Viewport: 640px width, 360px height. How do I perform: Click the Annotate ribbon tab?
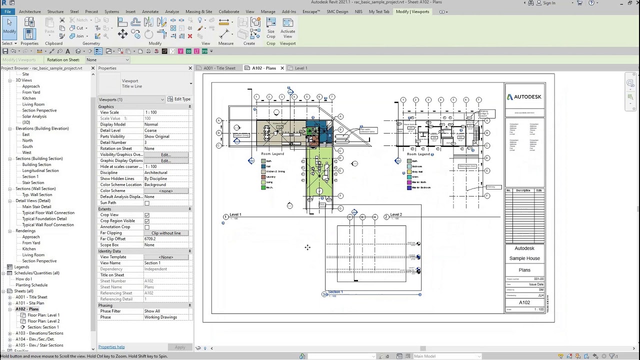pyautogui.click(x=150, y=11)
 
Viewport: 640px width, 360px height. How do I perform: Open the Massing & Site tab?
pyautogui.click(x=198, y=11)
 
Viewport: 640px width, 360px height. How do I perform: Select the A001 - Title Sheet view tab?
pyautogui.click(x=219, y=68)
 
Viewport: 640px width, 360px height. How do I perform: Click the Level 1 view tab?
pyautogui.click(x=300, y=68)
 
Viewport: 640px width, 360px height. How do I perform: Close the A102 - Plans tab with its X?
pyautogui.click(x=282, y=68)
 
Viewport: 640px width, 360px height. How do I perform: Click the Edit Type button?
pyautogui.click(x=178, y=99)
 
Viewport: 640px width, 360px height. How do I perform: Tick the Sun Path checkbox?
pyautogui.click(x=147, y=203)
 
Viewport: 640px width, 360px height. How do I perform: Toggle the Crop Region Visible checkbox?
pyautogui.click(x=147, y=221)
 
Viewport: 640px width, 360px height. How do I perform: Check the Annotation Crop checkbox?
pyautogui.click(x=147, y=227)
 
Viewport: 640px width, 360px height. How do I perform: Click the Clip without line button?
pyautogui.click(x=166, y=233)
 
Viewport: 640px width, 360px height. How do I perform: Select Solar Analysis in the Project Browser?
pyautogui.click(x=34, y=116)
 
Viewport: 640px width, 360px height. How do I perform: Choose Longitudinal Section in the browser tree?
pyautogui.click(x=40, y=170)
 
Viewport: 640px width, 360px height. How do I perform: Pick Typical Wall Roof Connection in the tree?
pyautogui.click(x=48, y=225)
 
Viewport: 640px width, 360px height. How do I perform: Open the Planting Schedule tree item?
pyautogui.click(x=31, y=285)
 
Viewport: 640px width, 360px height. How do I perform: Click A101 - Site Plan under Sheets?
pyautogui.click(x=29, y=303)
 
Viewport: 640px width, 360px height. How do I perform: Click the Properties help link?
pyautogui.click(x=111, y=347)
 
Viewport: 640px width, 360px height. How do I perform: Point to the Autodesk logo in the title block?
pyautogui.click(x=524, y=97)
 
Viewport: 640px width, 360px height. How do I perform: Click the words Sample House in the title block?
pyautogui.click(x=524, y=258)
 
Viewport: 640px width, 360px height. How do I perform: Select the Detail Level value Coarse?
pyautogui.click(x=150, y=130)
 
